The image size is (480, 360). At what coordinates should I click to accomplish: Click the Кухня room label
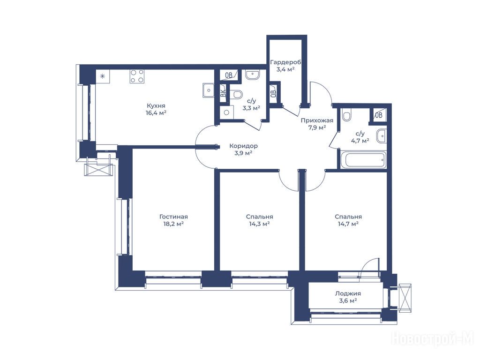click(156, 106)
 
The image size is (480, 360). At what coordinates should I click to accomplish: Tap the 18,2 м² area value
click(173, 224)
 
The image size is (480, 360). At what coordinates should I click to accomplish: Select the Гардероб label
click(285, 62)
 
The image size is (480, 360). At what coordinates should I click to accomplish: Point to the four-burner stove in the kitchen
click(137, 76)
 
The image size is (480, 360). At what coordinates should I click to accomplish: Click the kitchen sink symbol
click(209, 90)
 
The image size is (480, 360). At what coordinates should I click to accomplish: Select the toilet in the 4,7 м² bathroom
click(347, 115)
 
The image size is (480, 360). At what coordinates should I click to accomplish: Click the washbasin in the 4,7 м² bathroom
click(382, 136)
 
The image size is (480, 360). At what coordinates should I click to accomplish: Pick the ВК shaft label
click(224, 92)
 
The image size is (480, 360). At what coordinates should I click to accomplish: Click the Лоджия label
click(348, 293)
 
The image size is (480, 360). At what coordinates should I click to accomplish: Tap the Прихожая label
click(317, 120)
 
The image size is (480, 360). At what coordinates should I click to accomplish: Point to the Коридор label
click(243, 146)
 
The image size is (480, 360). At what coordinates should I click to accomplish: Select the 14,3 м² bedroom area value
click(259, 224)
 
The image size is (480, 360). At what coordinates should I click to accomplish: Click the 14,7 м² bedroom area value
click(348, 224)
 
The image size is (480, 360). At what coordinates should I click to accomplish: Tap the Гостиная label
click(173, 217)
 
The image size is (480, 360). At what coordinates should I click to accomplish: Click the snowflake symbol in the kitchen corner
click(103, 76)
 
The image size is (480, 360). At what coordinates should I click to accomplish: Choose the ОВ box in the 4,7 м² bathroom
click(379, 115)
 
